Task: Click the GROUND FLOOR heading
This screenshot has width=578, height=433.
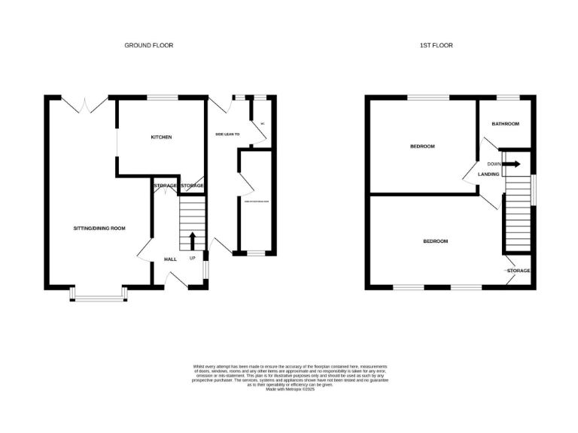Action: coord(148,45)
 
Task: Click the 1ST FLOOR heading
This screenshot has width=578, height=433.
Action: coord(436,45)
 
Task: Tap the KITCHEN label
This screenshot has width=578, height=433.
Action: coord(161,137)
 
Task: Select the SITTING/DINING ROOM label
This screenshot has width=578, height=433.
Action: coord(99,228)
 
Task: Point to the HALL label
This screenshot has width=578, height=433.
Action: coord(170,259)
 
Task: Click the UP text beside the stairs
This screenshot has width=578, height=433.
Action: coord(192,259)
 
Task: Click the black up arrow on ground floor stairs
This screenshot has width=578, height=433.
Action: coord(192,241)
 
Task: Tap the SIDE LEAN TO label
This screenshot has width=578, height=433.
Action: coord(227,135)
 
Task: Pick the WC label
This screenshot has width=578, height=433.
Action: coord(263,124)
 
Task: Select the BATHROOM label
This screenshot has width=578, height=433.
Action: coord(506,123)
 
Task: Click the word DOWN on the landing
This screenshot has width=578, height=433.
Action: coord(494,164)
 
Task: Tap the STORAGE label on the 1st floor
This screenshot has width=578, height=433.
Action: coord(519,271)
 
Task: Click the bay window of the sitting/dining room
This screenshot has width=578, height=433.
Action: coord(98,298)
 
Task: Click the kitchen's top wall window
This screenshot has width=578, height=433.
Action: coord(162,97)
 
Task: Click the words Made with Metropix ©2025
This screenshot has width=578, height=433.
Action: coord(289,389)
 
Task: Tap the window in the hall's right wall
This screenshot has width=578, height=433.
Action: coord(206,269)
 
